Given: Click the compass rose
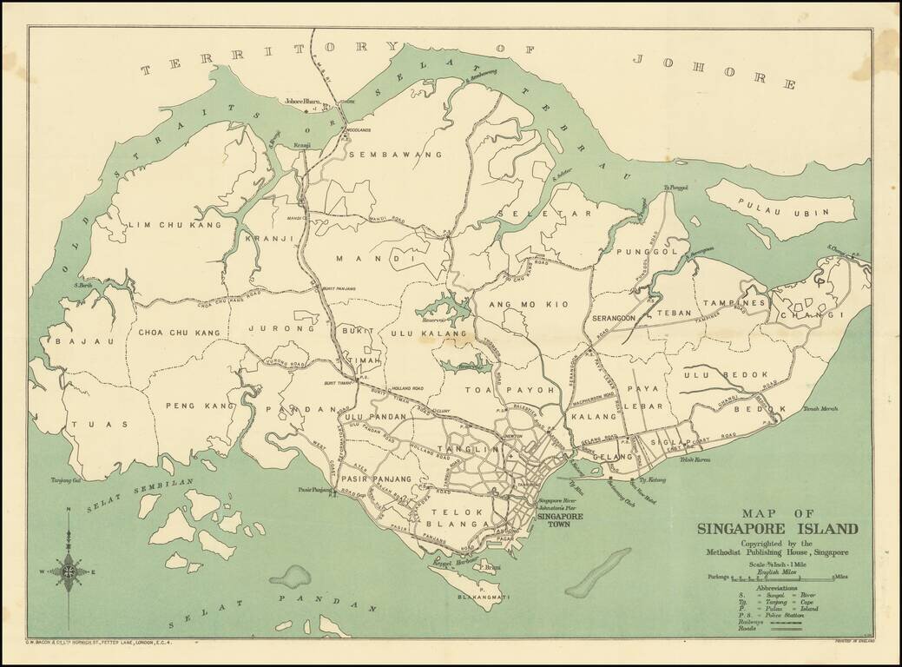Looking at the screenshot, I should tap(68, 571).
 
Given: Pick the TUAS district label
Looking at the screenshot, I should tap(111, 425).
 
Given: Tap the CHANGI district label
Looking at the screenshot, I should tap(824, 315).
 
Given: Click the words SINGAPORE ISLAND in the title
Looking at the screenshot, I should tap(777, 528).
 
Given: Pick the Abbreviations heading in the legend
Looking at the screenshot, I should tap(779, 588).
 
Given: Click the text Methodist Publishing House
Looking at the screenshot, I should tap(777, 552).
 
